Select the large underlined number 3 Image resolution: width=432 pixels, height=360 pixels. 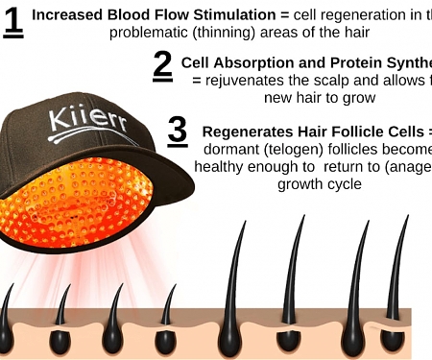click(x=178, y=132)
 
